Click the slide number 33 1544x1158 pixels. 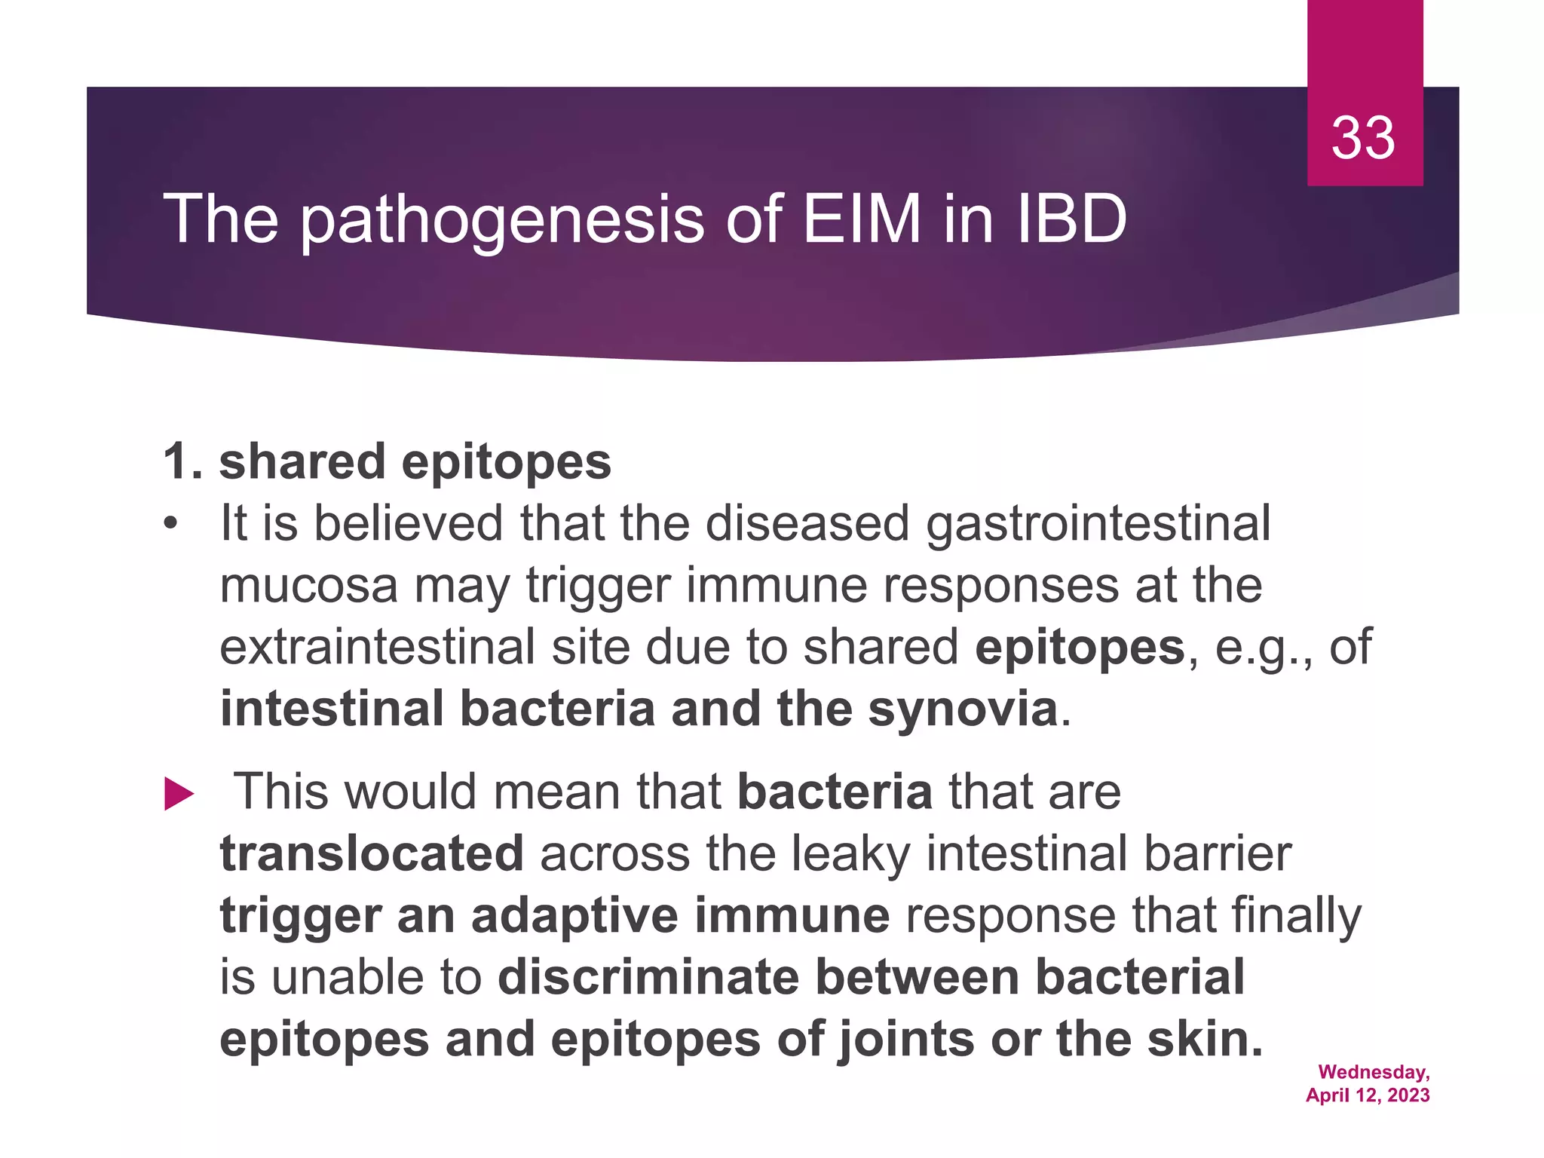point(1363,138)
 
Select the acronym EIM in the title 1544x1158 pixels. point(861,219)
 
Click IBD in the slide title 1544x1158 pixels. point(1071,219)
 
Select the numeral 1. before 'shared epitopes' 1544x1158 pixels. point(182,461)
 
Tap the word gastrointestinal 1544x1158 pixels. point(1098,524)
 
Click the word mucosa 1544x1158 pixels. point(308,586)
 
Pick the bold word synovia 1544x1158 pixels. point(963,709)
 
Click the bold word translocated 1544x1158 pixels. point(372,853)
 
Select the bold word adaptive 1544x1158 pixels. point(574,916)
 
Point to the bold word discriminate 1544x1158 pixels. point(648,977)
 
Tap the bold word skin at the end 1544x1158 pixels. point(1203,1039)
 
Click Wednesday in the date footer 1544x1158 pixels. point(1372,1072)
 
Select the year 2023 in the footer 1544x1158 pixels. point(1408,1095)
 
